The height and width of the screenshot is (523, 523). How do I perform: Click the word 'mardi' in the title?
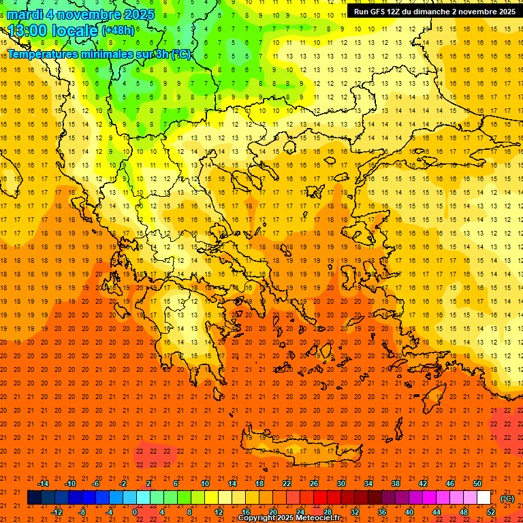[25, 14]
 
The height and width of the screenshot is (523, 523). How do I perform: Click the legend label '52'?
[491, 512]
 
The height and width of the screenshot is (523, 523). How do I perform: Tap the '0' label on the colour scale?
[135, 512]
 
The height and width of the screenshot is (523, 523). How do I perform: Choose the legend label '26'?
[314, 484]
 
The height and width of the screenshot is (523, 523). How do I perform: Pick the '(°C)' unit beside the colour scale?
[507, 498]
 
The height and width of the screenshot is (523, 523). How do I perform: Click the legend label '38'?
[395, 484]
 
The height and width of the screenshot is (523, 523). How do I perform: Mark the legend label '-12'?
[57, 512]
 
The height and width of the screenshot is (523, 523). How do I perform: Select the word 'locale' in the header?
[74, 31]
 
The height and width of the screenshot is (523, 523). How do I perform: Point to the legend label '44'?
[436, 512]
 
